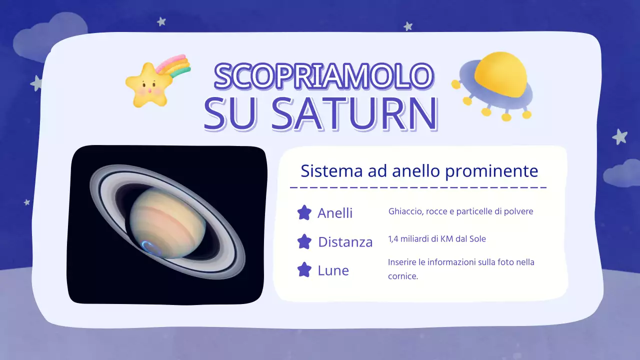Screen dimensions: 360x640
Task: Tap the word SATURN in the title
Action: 355,113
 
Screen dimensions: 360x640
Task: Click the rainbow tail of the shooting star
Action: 175,67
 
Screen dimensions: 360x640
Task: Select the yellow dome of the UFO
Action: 500,74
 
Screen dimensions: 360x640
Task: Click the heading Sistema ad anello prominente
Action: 419,171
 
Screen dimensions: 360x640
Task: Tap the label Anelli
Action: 335,213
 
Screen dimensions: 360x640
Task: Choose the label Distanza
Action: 345,242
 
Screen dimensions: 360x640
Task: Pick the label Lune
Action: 333,270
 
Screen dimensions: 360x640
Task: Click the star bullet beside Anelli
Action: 304,213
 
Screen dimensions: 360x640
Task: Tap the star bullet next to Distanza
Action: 304,242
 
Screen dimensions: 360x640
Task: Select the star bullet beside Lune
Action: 304,270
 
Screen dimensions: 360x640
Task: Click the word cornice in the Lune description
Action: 402,276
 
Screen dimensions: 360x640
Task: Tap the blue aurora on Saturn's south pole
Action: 150,246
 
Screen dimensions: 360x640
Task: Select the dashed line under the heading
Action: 418,188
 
